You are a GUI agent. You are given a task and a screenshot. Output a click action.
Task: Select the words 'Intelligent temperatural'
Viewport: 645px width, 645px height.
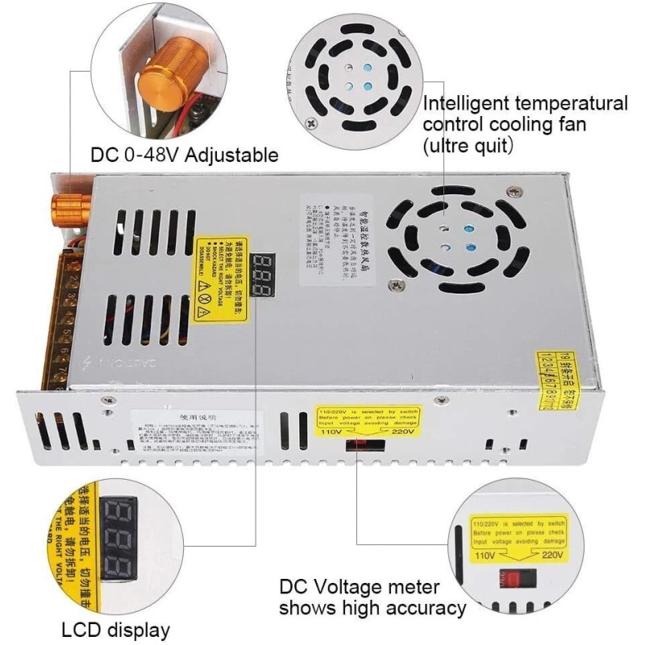[x=525, y=104]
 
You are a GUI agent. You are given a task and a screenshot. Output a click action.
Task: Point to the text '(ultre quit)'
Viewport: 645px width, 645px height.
[x=468, y=146]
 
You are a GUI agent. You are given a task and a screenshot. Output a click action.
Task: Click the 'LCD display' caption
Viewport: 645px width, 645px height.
[x=116, y=630]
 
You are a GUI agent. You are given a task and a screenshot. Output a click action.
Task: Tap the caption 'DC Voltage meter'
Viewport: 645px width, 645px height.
[x=360, y=587]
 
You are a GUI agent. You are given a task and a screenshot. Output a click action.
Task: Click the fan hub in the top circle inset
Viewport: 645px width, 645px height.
[x=355, y=77]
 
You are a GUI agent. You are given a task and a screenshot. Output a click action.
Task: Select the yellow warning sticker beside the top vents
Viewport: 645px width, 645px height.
[x=219, y=279]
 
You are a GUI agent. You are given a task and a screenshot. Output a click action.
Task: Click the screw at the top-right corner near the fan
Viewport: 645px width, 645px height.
[x=514, y=190]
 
